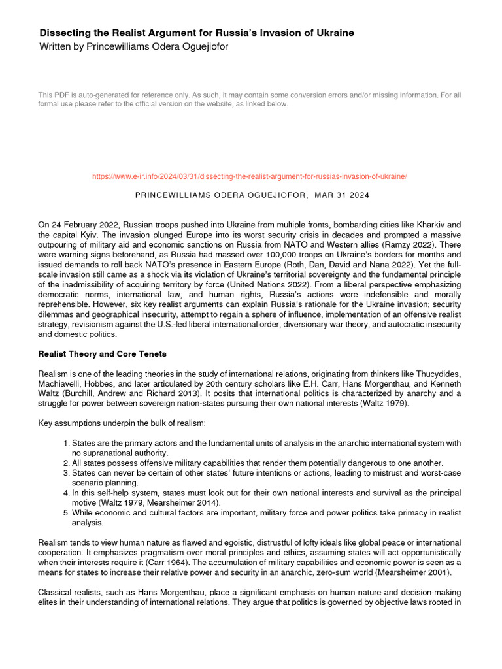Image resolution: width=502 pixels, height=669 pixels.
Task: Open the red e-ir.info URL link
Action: pyautogui.click(x=250, y=176)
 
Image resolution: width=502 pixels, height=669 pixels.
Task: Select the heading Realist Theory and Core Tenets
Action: pyautogui.click(x=103, y=354)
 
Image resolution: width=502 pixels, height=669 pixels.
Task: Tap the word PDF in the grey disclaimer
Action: pyautogui.click(x=65, y=95)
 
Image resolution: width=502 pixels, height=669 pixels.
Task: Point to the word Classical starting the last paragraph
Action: pyautogui.click(x=56, y=591)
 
